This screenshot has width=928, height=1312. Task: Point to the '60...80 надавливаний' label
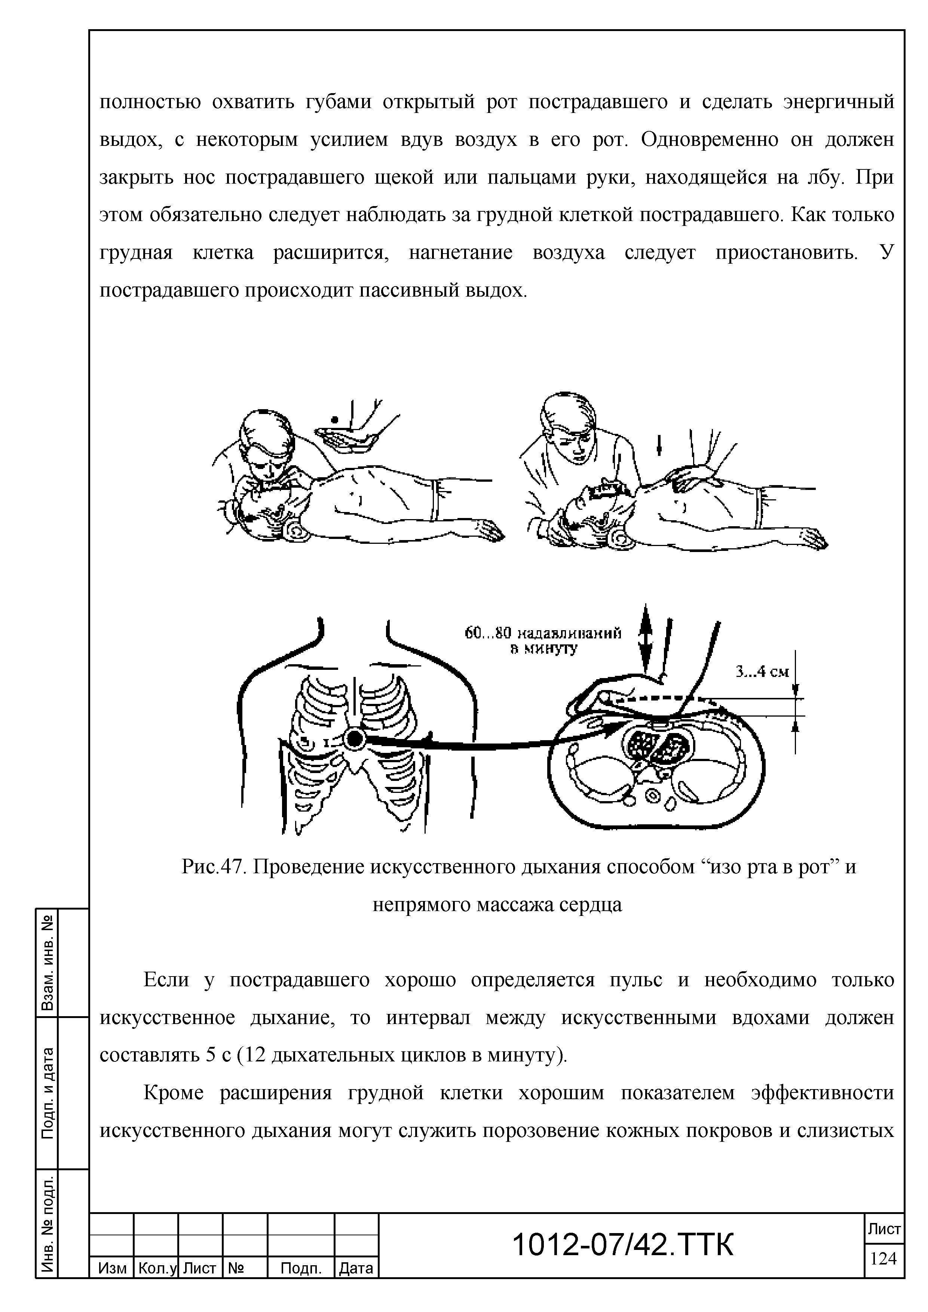543,633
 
